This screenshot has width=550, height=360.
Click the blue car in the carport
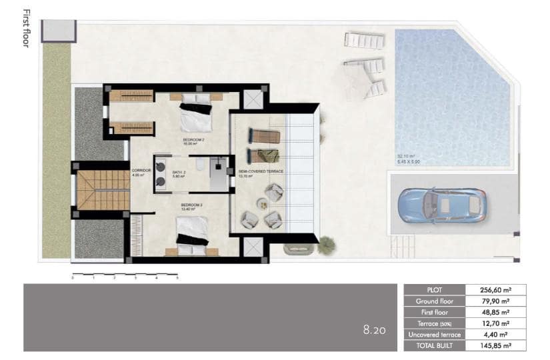tap(440, 205)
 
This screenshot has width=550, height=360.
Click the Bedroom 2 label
tap(191, 141)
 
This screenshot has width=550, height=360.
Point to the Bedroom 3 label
tap(191, 207)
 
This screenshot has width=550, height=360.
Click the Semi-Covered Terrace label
tap(261, 172)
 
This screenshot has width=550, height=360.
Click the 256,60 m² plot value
tap(495, 290)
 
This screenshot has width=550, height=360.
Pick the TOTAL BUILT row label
tap(434, 345)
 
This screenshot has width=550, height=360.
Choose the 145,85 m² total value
tap(495, 345)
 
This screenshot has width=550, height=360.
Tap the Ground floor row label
tap(434, 301)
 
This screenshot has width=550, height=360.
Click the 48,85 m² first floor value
tap(495, 312)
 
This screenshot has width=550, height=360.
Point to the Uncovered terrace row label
tap(434, 334)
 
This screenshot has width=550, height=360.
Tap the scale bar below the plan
tap(124, 274)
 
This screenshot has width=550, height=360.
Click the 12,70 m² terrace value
tap(495, 323)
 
